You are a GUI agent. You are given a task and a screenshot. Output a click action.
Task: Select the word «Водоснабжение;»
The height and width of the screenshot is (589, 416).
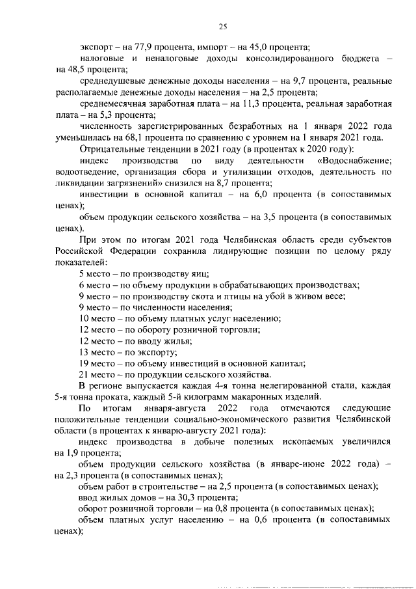click(354, 161)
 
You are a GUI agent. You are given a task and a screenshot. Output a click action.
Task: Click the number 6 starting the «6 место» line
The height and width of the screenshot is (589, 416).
click(81, 285)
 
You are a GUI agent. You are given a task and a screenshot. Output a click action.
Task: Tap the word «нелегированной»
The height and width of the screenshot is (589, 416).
click(248, 386)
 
